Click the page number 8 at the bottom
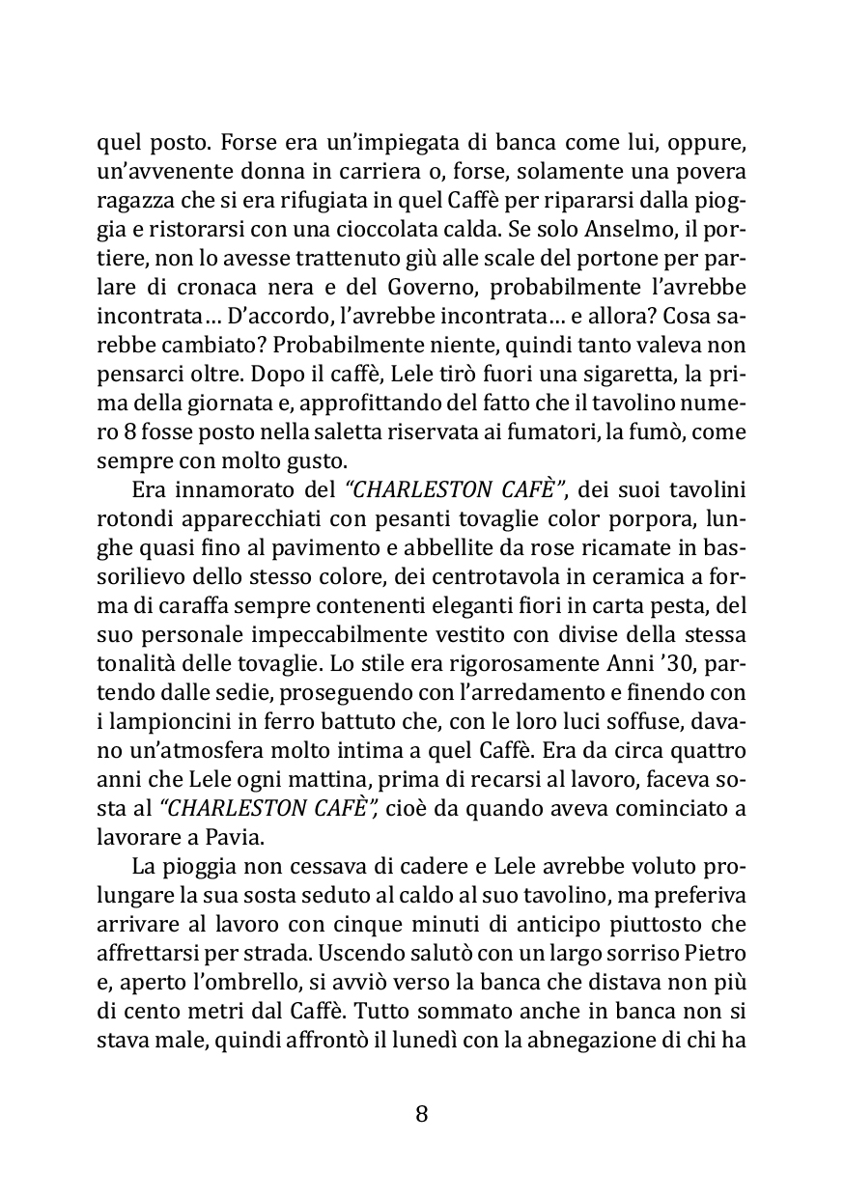coord(421,1113)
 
